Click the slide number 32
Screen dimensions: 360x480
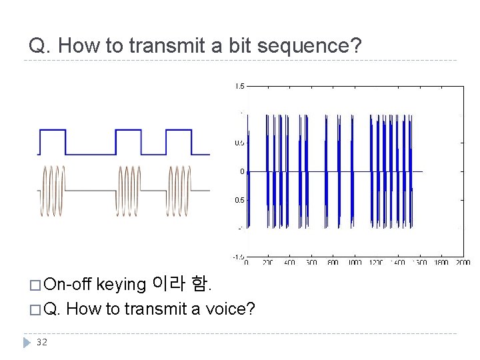pos(42,342)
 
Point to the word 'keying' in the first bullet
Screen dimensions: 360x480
pos(121,285)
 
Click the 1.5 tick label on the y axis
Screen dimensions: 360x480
pos(239,86)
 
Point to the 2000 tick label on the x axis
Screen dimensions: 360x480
pos(462,263)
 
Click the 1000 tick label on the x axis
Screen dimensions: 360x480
pos(355,263)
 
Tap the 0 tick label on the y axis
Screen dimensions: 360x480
pos(242,171)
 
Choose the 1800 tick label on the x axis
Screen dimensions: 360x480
pos(441,263)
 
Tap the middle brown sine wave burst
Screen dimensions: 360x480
pos(129,190)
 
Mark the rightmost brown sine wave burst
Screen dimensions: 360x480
pos(179,190)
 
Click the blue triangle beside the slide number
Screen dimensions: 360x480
pos(26,342)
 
